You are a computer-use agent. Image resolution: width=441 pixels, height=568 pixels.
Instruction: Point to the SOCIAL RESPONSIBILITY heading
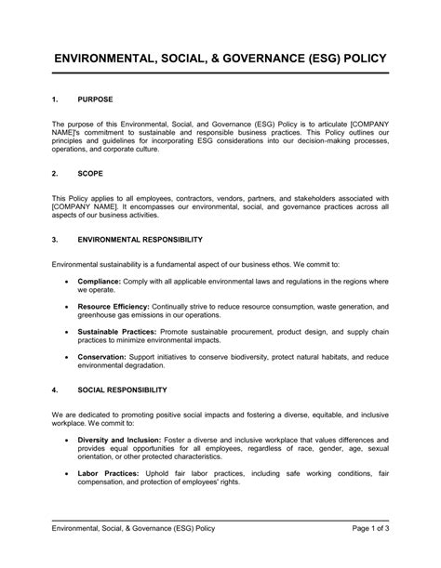coord(123,390)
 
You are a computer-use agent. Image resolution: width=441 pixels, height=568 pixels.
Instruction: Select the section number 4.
coord(54,390)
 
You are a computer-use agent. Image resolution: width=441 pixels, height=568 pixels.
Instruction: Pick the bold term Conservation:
coord(105,356)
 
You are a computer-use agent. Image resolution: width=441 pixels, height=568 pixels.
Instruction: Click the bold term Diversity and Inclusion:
coord(120,439)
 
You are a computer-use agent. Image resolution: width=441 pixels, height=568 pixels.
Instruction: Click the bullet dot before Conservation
coord(66,356)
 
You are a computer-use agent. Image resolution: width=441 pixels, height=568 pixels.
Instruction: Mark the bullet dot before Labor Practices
coord(66,473)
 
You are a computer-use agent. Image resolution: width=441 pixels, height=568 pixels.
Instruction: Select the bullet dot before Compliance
coord(66,279)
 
